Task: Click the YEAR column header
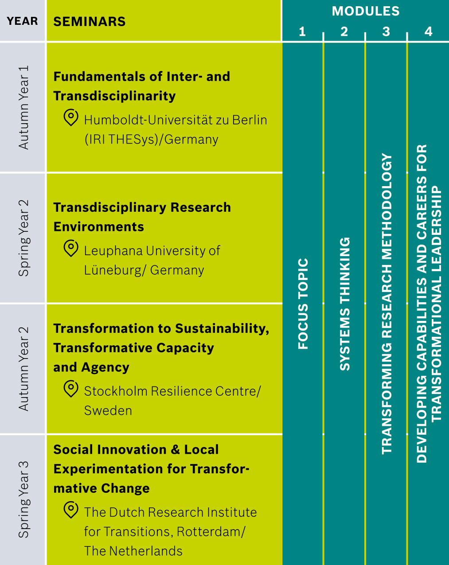click(22, 21)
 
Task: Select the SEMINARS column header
click(89, 22)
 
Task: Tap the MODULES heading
click(366, 11)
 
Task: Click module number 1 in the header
click(302, 31)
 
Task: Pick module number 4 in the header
click(428, 31)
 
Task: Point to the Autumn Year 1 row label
click(23, 108)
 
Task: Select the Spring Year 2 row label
click(23, 238)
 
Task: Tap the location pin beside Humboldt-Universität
click(71, 117)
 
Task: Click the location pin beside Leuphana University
click(71, 248)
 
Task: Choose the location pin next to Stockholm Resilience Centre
click(71, 389)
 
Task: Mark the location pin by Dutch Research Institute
click(71, 510)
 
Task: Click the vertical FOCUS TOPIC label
click(303, 304)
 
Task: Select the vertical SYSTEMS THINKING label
click(345, 304)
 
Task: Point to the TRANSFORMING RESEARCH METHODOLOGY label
click(387, 304)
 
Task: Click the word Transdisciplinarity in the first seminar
click(114, 96)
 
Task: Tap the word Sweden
click(108, 411)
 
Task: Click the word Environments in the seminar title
click(99, 227)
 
